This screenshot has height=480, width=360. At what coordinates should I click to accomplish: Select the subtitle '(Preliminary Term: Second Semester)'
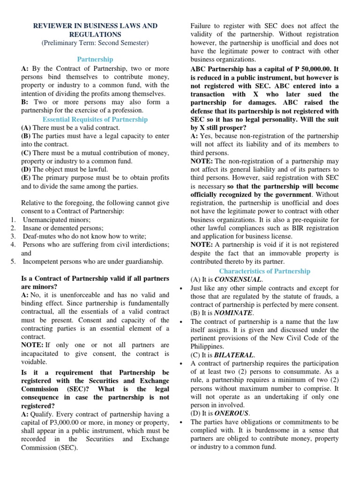(x=95, y=43)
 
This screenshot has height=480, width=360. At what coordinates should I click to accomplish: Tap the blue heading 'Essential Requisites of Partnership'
(x=95, y=120)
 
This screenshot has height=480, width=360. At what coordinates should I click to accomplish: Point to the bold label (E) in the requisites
(x=26, y=178)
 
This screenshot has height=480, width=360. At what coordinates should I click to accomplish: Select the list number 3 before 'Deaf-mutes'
(x=14, y=236)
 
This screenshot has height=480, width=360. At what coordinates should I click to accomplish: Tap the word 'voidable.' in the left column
(x=34, y=362)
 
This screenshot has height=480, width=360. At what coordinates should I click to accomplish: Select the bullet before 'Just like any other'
(x=181, y=288)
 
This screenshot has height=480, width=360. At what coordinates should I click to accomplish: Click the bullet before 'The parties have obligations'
(x=181, y=422)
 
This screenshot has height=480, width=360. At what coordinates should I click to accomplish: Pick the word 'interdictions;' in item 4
(x=149, y=245)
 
